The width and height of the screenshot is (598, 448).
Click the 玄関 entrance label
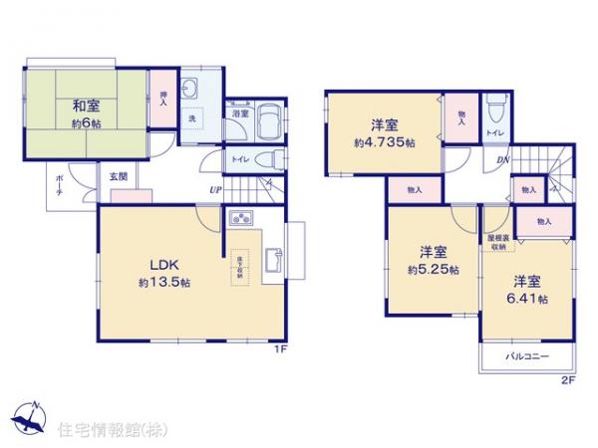(118, 176)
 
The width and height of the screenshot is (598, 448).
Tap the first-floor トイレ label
(240, 159)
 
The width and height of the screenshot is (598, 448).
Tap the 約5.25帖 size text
(432, 269)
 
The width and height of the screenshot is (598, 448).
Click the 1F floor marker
(282, 349)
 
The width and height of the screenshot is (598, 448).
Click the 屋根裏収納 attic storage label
(495, 242)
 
